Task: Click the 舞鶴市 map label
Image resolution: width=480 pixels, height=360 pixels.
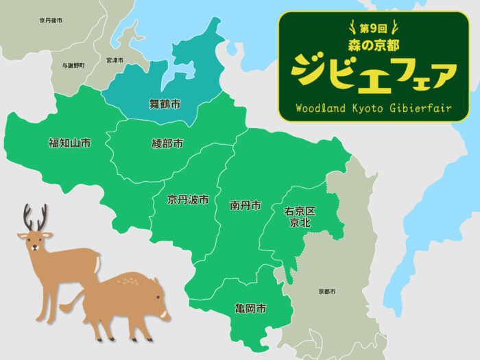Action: point(165,104)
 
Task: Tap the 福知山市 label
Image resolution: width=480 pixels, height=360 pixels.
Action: point(69,143)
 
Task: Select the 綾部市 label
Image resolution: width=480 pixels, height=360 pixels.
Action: point(167,144)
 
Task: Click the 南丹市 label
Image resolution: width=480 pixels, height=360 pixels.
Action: point(245,205)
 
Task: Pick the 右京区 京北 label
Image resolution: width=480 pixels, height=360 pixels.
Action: point(300,217)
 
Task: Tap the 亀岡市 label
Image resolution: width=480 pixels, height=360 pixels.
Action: point(250,309)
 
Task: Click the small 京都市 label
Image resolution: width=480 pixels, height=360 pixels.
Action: point(327,292)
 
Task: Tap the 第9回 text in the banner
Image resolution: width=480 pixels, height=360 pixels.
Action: point(374,29)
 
